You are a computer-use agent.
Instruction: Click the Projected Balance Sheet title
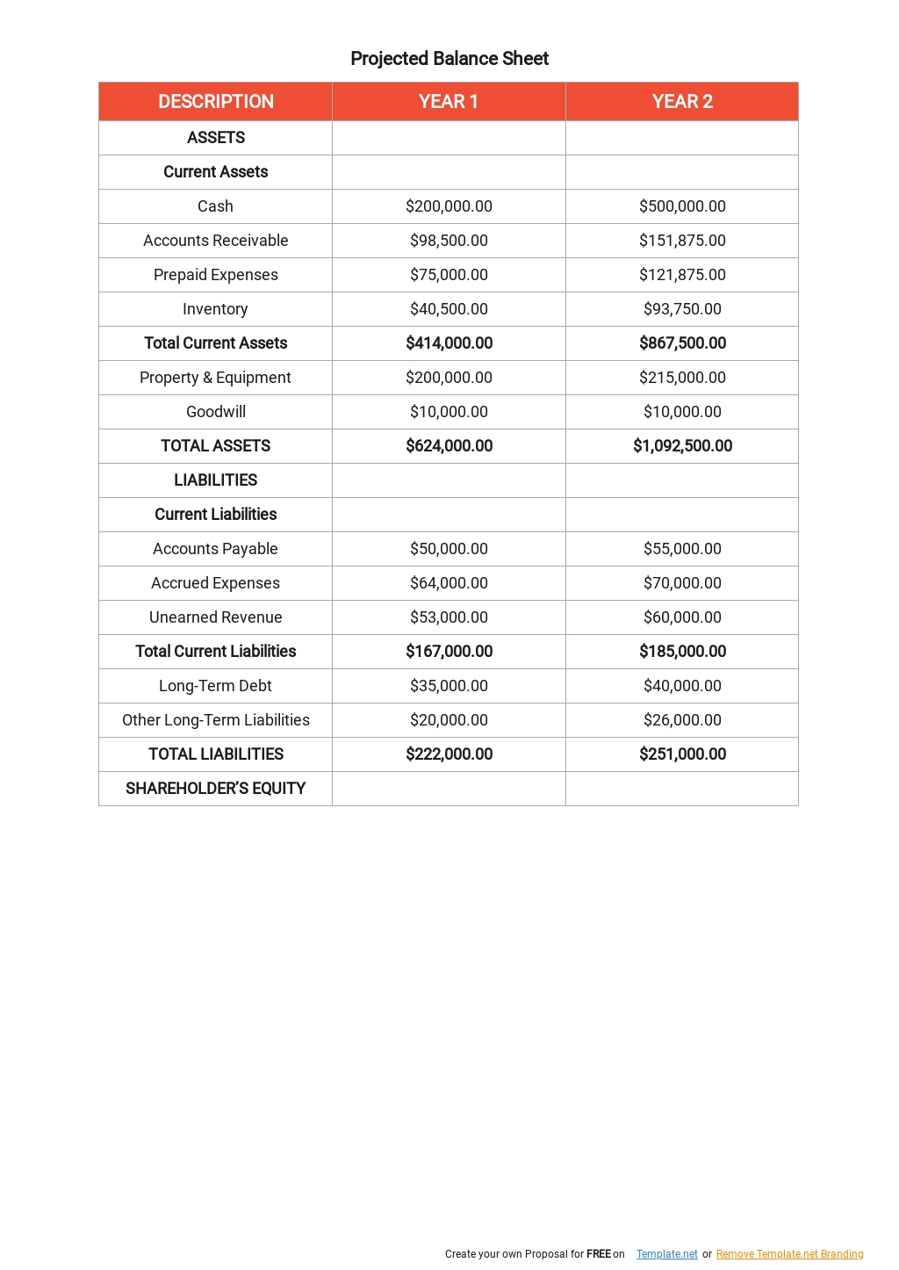click(449, 59)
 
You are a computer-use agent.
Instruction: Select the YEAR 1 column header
click(449, 102)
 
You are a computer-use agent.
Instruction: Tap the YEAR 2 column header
click(682, 102)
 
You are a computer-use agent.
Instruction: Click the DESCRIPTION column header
click(216, 102)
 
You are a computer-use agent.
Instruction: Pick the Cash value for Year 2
click(682, 206)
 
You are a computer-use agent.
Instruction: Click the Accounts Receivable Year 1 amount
click(449, 241)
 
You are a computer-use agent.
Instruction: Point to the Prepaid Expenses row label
click(216, 275)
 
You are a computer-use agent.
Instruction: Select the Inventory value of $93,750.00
click(682, 309)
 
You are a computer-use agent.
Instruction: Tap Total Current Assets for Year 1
click(449, 343)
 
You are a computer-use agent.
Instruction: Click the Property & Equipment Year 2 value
click(682, 378)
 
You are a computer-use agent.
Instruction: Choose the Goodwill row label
click(216, 412)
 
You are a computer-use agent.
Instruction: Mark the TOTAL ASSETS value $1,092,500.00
click(682, 446)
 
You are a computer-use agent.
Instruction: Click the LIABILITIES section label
click(216, 480)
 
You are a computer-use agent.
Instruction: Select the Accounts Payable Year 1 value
click(449, 549)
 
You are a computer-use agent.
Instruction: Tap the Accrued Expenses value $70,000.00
click(682, 583)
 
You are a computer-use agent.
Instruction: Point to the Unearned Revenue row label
click(216, 617)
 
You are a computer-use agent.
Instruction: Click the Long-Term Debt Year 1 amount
click(449, 686)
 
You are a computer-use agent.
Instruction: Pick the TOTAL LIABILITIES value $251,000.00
click(682, 754)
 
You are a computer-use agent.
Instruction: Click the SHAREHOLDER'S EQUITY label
click(216, 789)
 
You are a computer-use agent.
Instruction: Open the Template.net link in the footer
click(666, 1254)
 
